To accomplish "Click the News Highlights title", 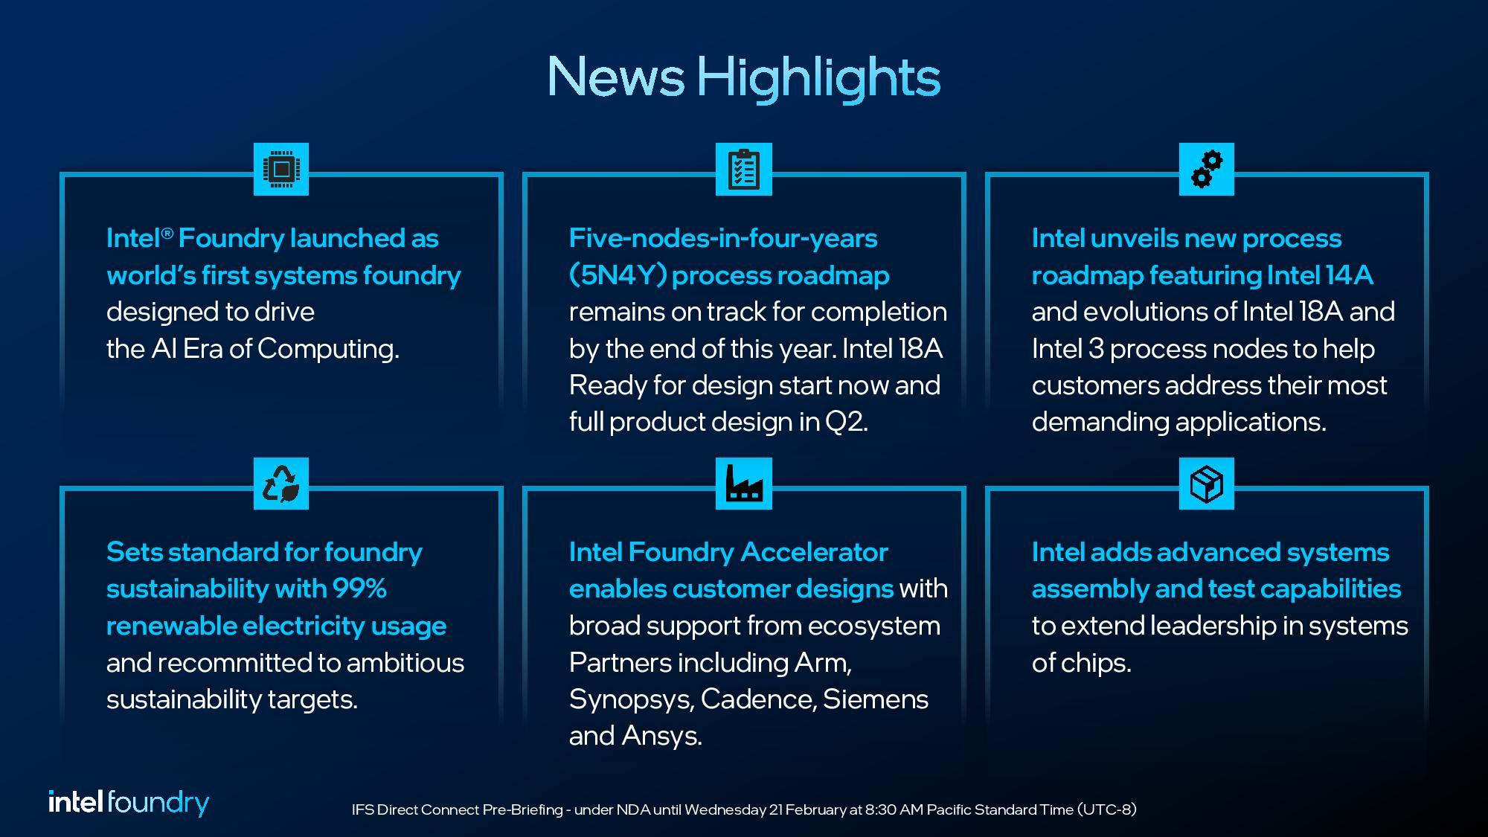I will point(743,77).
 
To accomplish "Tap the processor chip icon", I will point(281,170).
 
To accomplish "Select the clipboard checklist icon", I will point(743,170).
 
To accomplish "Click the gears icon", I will point(1206,170).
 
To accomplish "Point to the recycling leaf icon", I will point(281,484).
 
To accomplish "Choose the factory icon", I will point(743,484).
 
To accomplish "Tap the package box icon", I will point(1206,484).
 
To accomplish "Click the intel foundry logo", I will point(129,803).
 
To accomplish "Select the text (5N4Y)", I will point(617,275).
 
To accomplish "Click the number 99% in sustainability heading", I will point(359,589).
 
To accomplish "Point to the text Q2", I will point(845,422).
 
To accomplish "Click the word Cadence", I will point(757,699).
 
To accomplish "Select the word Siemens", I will point(876,699).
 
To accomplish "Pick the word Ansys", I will point(661,736).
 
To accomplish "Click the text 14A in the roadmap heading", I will point(1348,275).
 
